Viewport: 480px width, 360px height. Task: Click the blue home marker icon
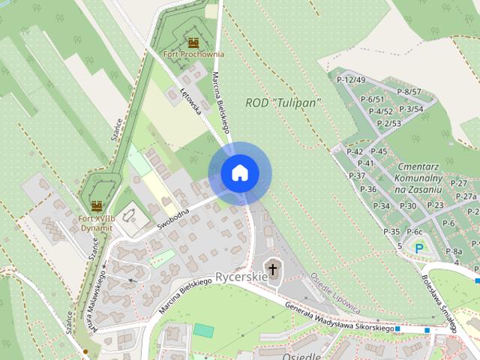(239, 173)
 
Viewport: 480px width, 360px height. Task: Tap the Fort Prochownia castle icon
(193, 43)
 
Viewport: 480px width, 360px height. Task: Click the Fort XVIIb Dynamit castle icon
(96, 205)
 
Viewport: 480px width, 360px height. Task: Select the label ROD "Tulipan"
(283, 102)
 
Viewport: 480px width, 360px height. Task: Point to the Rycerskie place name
(241, 277)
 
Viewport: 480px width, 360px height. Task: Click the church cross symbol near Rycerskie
(273, 268)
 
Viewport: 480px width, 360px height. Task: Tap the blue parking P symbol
(419, 247)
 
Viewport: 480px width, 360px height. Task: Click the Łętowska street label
(192, 101)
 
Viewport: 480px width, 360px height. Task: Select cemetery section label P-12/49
(351, 80)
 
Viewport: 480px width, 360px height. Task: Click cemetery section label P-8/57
(409, 92)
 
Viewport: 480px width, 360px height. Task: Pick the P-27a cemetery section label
(465, 196)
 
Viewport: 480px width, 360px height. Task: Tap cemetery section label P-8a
(453, 251)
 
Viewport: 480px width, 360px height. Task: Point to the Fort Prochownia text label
(193, 54)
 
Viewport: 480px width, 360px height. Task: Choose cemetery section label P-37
(357, 175)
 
